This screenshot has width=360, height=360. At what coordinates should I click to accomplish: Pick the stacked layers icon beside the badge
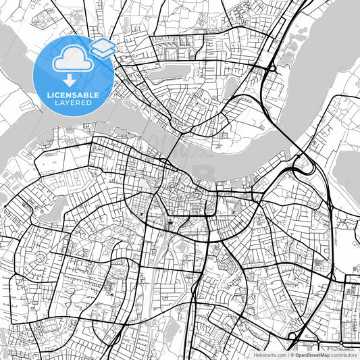point(102,47)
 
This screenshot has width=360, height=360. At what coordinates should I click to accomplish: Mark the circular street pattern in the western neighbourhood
point(40,259)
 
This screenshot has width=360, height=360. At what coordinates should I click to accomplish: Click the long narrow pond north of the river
point(172,73)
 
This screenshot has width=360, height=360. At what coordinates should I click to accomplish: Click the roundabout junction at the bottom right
point(292,336)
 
